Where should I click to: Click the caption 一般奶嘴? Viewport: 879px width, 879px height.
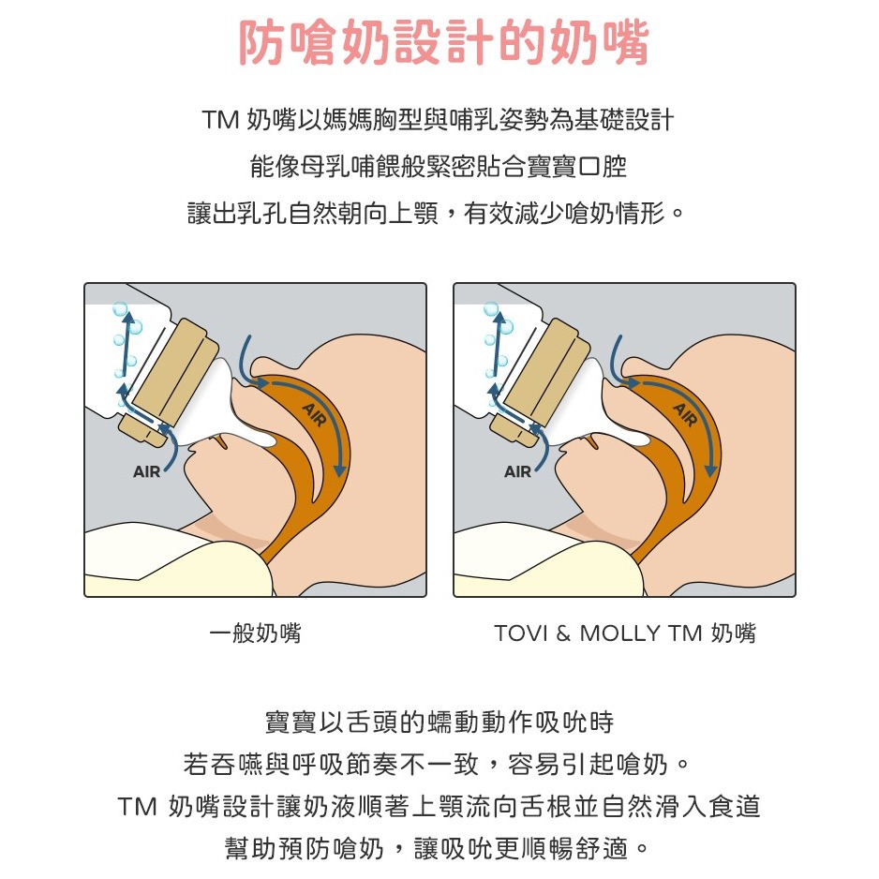[x=255, y=633]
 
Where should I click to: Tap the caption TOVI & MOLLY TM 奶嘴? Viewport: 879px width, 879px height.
[x=625, y=633]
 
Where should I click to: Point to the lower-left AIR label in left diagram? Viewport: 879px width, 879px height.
[x=146, y=471]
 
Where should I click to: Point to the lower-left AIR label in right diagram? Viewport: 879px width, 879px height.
[x=517, y=471]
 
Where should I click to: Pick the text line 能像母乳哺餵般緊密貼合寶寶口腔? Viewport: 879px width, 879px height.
[x=439, y=167]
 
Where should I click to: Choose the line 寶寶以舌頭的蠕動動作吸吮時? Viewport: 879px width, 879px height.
[x=439, y=723]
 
